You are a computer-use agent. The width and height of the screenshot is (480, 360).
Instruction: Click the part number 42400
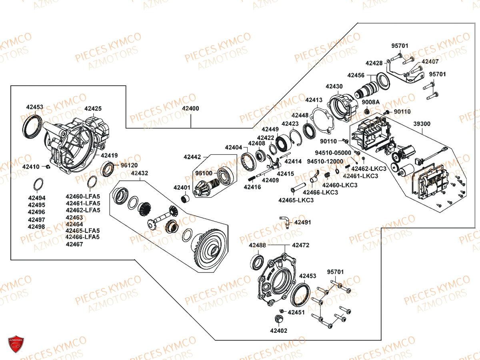point(190,108)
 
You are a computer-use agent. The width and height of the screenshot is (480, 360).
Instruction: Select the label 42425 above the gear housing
point(93,108)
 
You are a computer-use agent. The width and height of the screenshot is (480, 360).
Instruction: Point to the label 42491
point(302,222)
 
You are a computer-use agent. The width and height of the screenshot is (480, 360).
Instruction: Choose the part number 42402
point(278,331)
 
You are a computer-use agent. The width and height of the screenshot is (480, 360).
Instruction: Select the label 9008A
point(371,102)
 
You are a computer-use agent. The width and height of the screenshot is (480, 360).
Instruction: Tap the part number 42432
point(140,173)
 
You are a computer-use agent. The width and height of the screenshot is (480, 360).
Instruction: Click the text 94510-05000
point(333,153)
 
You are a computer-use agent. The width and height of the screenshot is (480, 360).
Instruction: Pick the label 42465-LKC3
point(296,200)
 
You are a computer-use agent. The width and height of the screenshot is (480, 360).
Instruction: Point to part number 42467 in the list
point(74,244)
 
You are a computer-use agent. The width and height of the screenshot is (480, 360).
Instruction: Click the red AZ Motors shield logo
point(16,344)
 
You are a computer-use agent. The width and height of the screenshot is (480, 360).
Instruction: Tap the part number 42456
point(356,75)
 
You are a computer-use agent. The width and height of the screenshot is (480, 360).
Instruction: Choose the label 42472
point(300,245)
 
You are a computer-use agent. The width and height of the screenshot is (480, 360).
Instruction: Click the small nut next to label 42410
point(47,166)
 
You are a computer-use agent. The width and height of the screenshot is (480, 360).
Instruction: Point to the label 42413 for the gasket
point(314,100)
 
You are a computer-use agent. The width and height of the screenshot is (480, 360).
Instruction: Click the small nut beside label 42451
point(282,311)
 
